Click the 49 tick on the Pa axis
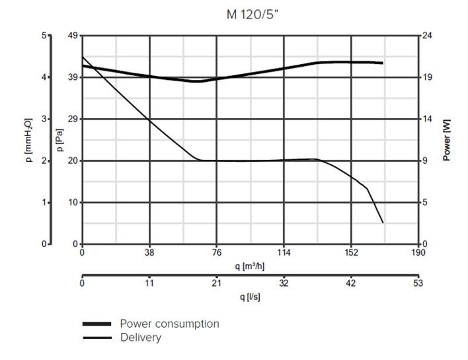pos(72,36)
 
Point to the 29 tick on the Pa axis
pos(72,119)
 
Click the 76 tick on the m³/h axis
pos(216,252)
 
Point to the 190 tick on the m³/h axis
pos(417,252)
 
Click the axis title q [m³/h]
pos(250,266)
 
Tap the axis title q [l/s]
pos(250,297)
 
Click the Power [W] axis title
pos(448,140)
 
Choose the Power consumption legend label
pos(169,324)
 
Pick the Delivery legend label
pos(140,338)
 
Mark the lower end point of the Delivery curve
pos(383,223)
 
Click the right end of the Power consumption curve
pos(383,63)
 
